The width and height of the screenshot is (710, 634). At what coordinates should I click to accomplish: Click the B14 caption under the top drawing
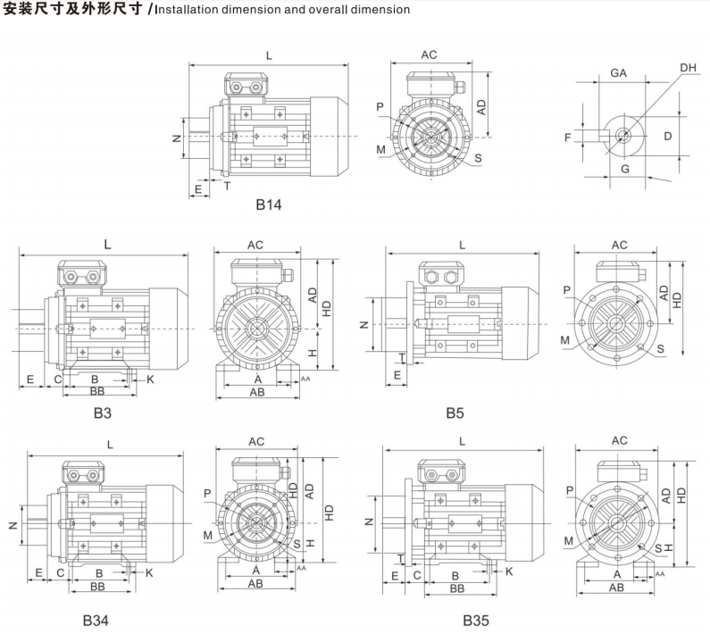coord(269,205)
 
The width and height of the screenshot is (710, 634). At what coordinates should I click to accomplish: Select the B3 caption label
coord(104,413)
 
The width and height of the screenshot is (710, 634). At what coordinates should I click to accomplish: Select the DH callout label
coord(687,68)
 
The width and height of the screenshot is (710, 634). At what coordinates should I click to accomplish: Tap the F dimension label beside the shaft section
coord(566,137)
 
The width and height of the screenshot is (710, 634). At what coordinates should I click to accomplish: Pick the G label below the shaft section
coord(624,168)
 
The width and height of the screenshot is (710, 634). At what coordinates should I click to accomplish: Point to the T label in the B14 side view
coord(226,186)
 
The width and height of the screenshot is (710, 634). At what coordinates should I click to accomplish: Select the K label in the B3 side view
coord(150,380)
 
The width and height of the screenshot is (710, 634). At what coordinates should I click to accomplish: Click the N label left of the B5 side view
coord(364,324)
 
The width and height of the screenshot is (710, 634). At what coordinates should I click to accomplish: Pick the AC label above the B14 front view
coord(429,54)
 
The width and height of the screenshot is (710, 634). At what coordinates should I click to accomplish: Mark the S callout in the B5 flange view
coord(659,347)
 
